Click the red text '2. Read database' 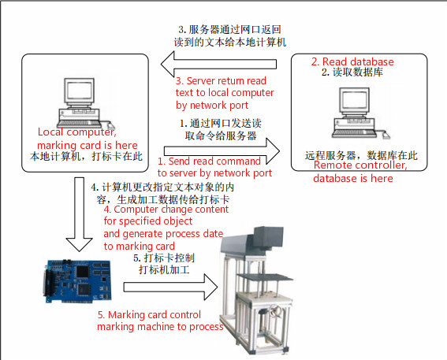[x=352, y=61]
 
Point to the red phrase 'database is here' [x=353, y=179]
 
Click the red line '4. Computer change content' [x=169, y=210]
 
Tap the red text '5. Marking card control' [x=160, y=315]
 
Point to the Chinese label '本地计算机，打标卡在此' [x=85, y=156]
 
